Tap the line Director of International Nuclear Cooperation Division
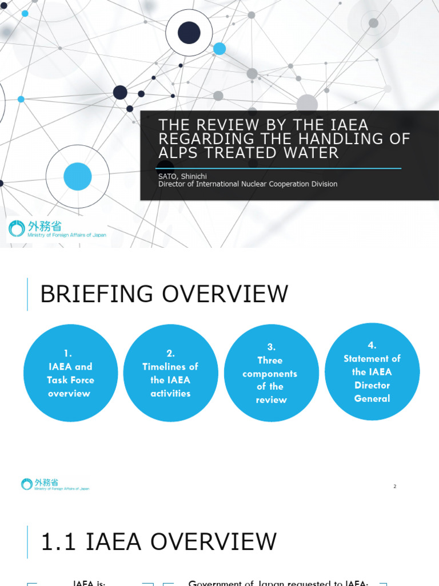click(248, 184)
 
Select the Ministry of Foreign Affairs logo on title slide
click(57, 229)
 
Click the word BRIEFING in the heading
click(98, 294)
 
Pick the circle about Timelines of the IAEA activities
click(170, 373)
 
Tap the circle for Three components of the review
click(271, 373)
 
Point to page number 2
click(394, 486)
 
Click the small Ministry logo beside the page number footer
click(55, 485)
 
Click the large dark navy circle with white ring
click(189, 33)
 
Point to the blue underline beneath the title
click(280, 168)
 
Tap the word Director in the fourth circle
click(372, 385)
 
